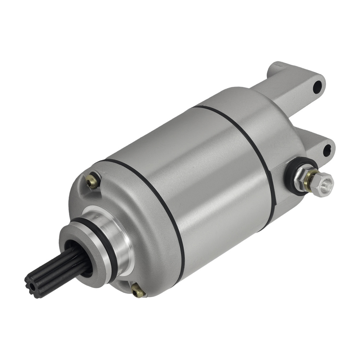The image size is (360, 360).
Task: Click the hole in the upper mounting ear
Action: click(x=317, y=87)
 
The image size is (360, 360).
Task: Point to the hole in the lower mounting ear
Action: click(x=327, y=150)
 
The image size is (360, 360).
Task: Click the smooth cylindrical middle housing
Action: click(x=202, y=173)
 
